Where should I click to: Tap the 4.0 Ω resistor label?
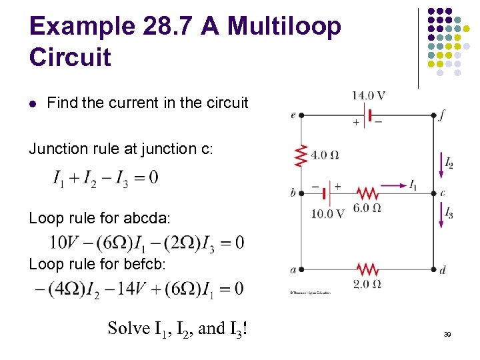click(325, 155)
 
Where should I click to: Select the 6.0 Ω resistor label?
click(367, 208)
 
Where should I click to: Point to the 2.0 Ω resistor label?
click(367, 285)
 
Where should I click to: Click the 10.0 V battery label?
click(327, 213)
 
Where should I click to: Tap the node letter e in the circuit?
click(293, 115)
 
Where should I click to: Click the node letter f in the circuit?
click(442, 115)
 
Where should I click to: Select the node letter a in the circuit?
click(293, 270)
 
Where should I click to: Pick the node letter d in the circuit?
click(443, 270)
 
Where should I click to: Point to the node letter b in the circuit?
click(293, 193)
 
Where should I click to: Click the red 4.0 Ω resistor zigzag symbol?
click(301, 156)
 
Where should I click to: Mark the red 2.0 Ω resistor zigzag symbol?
click(367, 269)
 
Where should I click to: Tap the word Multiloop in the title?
click(284, 27)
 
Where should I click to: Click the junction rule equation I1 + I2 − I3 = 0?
click(106, 178)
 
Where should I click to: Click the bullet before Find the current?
click(33, 103)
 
